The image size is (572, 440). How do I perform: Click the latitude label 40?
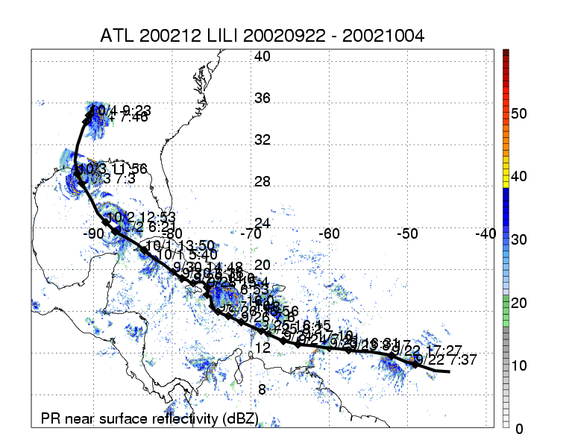[262, 57]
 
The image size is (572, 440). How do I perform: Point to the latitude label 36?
[262, 98]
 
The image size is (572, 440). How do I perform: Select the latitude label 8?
[262, 389]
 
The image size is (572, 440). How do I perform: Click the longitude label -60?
[330, 233]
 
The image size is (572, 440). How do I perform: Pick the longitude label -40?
[485, 233]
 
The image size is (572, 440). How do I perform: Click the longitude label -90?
[95, 233]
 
